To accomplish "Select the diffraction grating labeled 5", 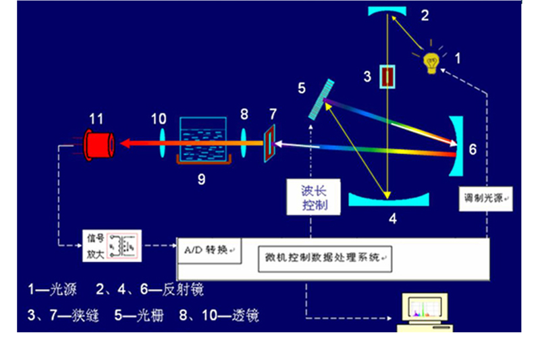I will click(x=322, y=99).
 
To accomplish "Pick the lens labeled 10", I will click(x=162, y=143).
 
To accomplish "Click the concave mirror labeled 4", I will click(x=389, y=199).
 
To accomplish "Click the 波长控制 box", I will click(x=313, y=197).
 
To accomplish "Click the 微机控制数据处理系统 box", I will click(x=324, y=257).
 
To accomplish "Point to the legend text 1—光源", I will click(x=53, y=290).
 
